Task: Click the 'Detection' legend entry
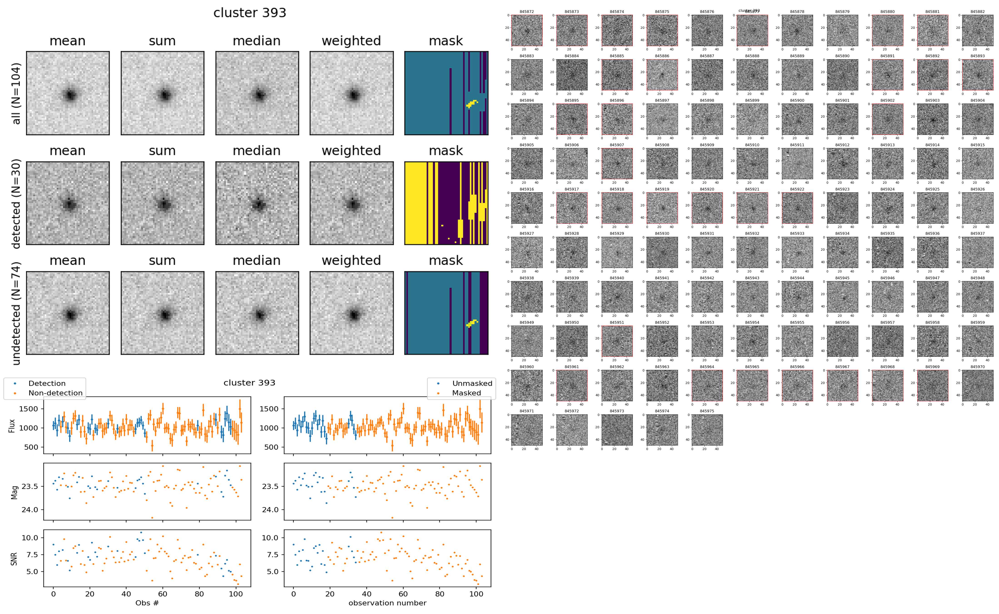[x=47, y=383]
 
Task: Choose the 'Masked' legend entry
[x=466, y=393]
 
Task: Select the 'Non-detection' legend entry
[x=55, y=393]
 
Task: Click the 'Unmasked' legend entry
[x=472, y=383]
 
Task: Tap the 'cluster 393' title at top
[x=250, y=13]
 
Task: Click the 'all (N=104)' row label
[x=16, y=93]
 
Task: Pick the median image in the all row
[x=257, y=93]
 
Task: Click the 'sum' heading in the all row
[x=162, y=41]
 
